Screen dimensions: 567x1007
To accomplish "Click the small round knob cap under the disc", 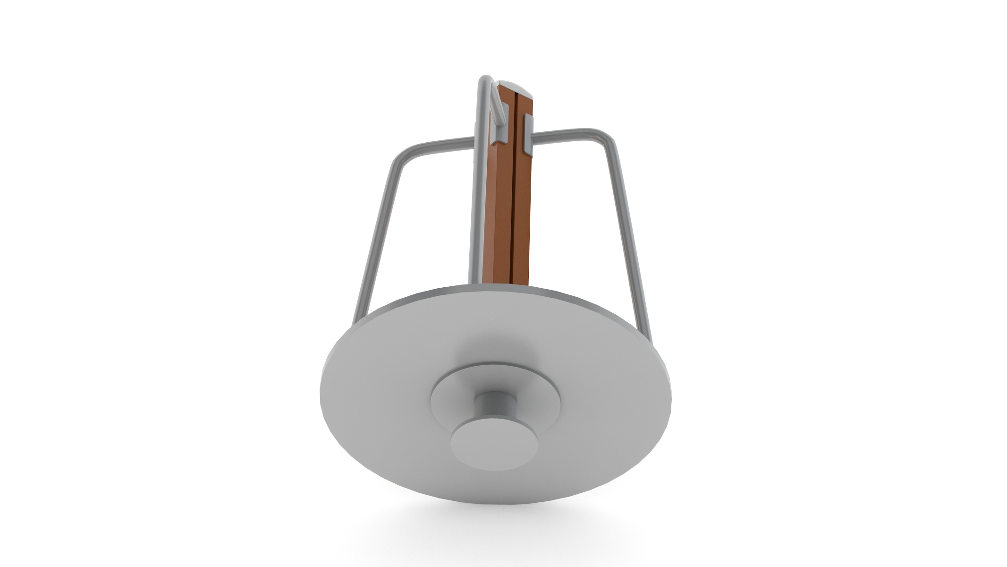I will [x=494, y=444].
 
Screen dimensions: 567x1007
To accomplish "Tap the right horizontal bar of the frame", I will [x=562, y=133].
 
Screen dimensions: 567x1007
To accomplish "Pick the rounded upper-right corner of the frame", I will [x=609, y=137].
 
